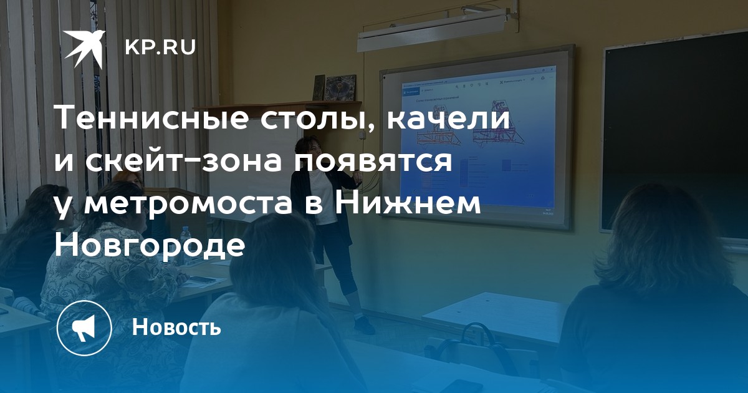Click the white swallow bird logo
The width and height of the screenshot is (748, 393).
coord(84,47)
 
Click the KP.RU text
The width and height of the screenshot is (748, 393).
coord(160,47)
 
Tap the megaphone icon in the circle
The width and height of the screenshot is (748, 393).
coord(84,328)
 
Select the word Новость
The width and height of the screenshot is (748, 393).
coord(176,326)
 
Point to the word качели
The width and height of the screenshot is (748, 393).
coord(448,119)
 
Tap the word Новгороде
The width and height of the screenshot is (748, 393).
coord(150,246)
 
